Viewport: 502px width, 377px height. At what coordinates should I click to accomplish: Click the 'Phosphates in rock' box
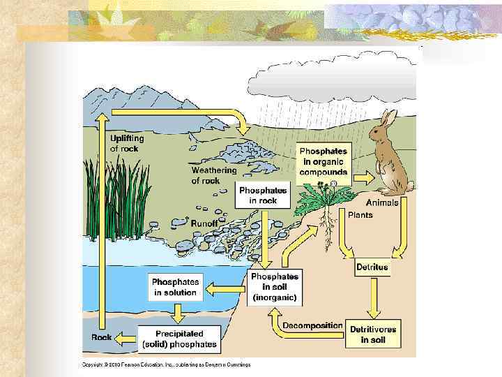263,195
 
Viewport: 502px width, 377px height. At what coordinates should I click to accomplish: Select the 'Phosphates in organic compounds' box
323,162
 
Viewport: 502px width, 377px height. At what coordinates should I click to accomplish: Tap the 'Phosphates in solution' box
176,288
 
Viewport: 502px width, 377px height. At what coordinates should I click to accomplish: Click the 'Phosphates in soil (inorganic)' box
275,287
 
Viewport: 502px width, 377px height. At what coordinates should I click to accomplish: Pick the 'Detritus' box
372,267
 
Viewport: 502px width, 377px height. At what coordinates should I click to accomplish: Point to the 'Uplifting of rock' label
127,144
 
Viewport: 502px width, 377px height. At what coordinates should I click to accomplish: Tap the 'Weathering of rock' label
214,175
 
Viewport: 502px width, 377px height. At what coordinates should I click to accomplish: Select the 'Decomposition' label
312,325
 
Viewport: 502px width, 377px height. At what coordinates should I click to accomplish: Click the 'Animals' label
382,202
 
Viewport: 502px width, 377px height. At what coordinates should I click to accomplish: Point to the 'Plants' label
360,215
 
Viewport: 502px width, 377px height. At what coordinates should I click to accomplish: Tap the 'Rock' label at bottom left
102,337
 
